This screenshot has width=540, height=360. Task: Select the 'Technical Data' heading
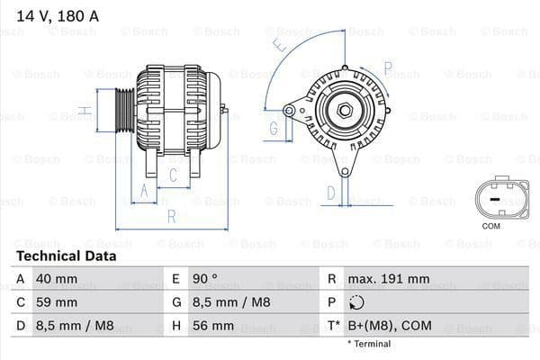[x=67, y=256]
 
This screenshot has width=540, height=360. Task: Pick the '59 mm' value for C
[x=56, y=302]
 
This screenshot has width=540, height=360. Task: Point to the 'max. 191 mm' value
[x=391, y=279]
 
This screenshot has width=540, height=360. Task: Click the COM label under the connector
[x=490, y=226]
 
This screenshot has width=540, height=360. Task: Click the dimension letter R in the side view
[x=171, y=216]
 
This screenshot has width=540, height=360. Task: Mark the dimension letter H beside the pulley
[x=83, y=112]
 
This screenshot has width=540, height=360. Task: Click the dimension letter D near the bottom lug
[x=330, y=192]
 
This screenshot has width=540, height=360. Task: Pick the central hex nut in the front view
[x=346, y=111]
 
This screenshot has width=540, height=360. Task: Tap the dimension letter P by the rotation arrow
[x=388, y=66]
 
